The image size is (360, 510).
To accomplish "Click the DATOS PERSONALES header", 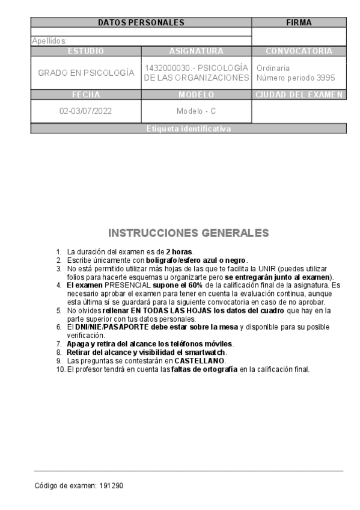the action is [x=141, y=22].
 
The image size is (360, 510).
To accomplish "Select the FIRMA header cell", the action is [x=299, y=22].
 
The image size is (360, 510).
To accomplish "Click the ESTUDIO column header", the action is [x=86, y=51].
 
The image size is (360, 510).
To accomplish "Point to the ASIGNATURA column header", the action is [x=196, y=51].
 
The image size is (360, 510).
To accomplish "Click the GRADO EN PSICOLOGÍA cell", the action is [x=86, y=73].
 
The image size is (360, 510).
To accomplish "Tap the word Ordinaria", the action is [x=273, y=68].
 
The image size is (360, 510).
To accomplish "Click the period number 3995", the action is [x=325, y=78].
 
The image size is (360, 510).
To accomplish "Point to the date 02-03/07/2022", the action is [x=86, y=111].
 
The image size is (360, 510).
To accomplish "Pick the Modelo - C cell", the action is [x=196, y=111].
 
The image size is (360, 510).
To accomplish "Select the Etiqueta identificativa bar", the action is [x=188, y=129].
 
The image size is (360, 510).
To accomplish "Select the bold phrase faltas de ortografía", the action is [x=204, y=369].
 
